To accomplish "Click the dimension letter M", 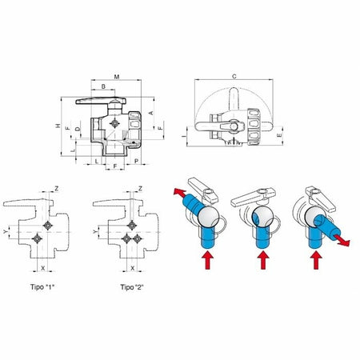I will pos(117,77).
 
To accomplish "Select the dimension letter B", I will pos(104,86).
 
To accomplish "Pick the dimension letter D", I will pos(78,128).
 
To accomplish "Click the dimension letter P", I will pos(137,161).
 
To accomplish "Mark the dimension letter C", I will pos(233,77).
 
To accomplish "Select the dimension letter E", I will pos(278,137).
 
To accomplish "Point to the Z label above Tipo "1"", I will pos(57,188).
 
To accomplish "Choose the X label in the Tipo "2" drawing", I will pos(129,259).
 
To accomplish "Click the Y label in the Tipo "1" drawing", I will pos(8,231).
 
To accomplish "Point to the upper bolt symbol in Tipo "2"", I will pos(130,225).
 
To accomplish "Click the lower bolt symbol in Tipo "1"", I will pos(42,239).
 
